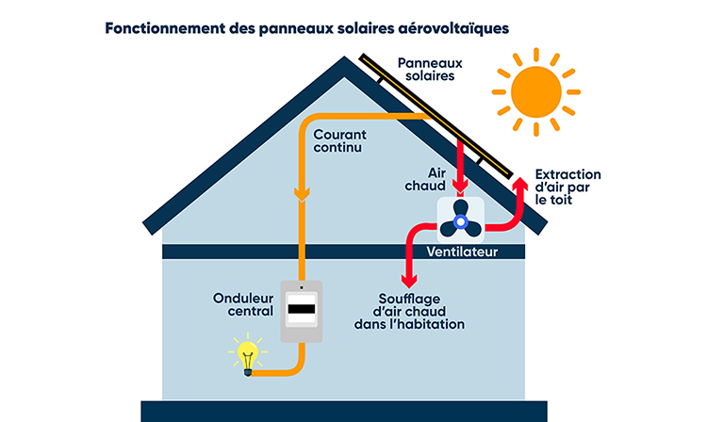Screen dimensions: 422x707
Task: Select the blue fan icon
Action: coord(460,221)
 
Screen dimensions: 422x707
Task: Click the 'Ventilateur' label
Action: coord(462,252)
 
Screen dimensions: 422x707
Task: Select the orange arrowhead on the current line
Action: coord(302,195)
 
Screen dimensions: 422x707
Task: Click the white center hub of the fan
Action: coord(460,222)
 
